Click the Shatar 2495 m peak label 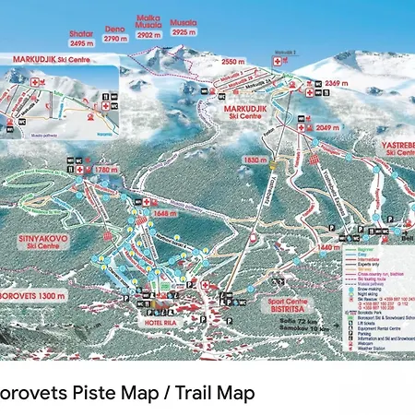coord(82,38)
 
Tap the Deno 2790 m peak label coord(115,34)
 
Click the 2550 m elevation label coord(233,63)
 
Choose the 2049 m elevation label coord(328,128)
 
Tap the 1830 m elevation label coord(255,160)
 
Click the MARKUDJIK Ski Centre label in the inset coord(38,60)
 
